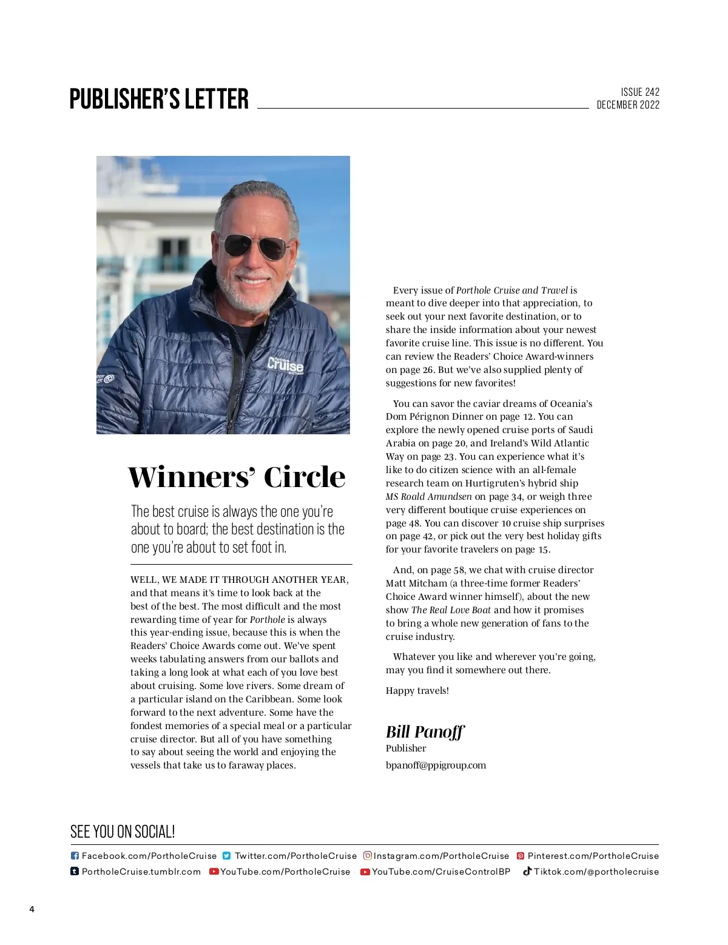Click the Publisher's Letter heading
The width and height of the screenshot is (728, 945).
159,99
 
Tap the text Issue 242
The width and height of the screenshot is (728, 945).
639,92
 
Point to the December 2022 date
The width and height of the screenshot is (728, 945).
628,105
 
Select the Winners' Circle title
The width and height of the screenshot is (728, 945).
237,477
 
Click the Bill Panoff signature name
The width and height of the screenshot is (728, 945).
425,731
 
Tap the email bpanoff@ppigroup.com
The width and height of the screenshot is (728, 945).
436,765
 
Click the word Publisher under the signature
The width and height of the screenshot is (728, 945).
406,748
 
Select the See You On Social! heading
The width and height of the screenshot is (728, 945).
123,832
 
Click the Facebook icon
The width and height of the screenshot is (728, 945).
75,856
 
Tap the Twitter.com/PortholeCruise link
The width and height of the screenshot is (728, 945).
295,856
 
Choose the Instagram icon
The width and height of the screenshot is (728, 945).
367,856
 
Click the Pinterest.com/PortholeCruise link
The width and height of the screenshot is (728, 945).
593,856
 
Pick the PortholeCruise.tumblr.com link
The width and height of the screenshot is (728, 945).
141,872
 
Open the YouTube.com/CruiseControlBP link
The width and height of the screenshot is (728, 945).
441,872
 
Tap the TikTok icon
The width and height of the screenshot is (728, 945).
527,871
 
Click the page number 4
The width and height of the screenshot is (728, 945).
32,909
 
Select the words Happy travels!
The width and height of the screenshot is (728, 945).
417,691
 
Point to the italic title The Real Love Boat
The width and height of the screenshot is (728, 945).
451,610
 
